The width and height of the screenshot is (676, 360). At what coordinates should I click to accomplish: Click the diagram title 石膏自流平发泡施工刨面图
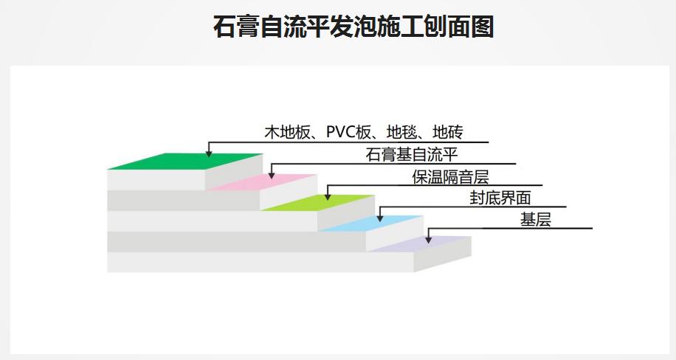point(353,27)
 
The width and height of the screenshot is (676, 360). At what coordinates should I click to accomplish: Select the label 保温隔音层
point(450,177)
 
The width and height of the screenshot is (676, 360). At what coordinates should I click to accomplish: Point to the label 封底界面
point(500,198)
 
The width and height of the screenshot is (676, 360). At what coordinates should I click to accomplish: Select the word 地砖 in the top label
point(448,133)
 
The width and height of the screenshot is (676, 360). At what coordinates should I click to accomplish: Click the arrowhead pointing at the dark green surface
point(209,153)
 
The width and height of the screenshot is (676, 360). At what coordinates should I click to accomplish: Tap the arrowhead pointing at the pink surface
point(271,175)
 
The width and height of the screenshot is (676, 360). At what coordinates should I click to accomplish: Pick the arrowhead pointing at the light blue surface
point(379,217)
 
